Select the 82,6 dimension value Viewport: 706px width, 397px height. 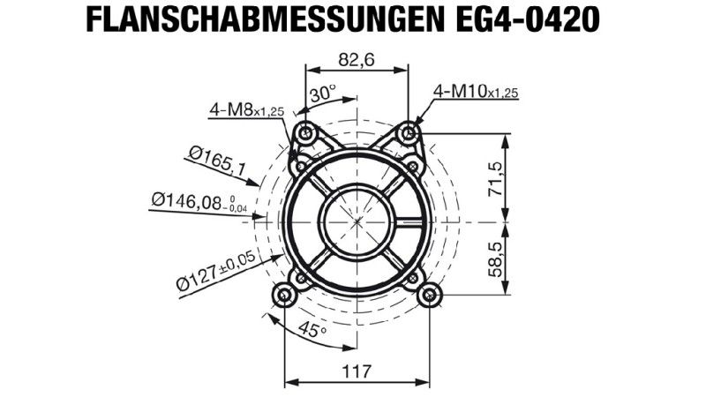coord(357,59)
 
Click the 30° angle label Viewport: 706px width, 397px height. coord(323,94)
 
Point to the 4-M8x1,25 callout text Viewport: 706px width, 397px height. coord(247,109)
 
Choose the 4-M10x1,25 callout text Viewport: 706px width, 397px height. coord(476,92)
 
